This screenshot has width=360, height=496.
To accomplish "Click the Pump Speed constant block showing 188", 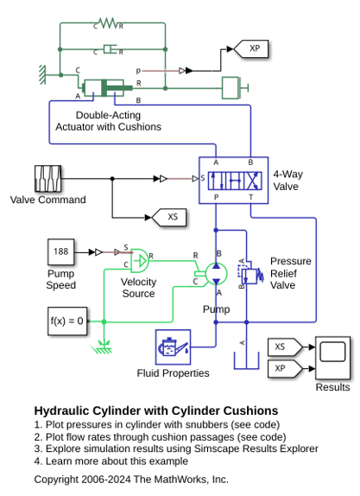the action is click(61, 251).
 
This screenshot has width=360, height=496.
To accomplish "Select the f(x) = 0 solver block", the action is click(67, 321).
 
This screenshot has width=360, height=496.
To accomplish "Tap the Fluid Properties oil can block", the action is click(173, 347).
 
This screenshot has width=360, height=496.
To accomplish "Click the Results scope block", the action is click(332, 358).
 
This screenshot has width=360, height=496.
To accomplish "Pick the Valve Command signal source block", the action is click(47, 179).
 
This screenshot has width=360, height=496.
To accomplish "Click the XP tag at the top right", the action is click(251, 48).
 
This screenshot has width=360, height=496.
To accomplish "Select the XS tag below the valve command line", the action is click(169, 217).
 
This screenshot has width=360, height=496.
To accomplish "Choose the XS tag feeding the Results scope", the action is click(285, 347).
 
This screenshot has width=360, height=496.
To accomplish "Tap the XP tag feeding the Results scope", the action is click(285, 368).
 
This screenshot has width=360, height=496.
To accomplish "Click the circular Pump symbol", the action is click(216, 273).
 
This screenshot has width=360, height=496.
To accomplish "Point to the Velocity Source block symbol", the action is click(139, 261).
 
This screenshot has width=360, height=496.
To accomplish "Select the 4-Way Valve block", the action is click(234, 180).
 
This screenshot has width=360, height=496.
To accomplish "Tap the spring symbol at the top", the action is click(108, 22).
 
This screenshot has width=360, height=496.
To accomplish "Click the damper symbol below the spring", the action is click(110, 49).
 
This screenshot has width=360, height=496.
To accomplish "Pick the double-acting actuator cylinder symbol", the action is click(107, 87).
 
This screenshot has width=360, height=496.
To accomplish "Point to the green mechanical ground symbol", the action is click(103, 347).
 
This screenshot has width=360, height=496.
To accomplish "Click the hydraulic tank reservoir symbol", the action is click(246, 360).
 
